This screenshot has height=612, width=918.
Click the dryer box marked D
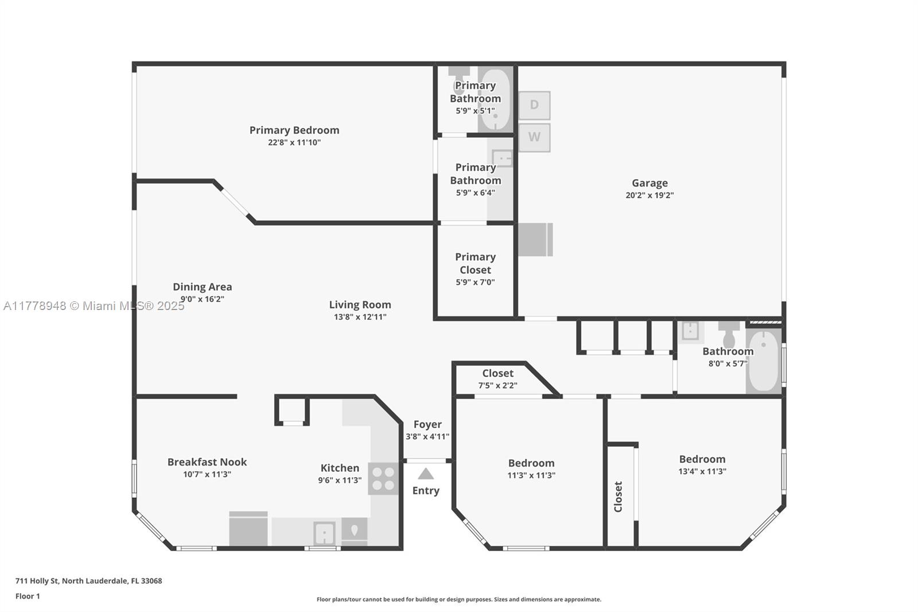click(534, 106)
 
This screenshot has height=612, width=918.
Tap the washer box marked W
click(534, 137)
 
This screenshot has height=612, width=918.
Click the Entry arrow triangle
click(425, 474)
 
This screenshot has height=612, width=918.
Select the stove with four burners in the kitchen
click(383, 479)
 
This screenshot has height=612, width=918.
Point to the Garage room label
click(649, 183)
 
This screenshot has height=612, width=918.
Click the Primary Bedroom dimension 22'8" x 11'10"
click(294, 142)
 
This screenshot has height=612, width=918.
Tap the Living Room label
click(360, 305)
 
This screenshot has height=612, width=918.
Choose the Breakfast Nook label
click(207, 462)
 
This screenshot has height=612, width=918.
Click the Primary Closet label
click(476, 264)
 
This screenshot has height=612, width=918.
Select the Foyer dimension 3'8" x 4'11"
click(427, 436)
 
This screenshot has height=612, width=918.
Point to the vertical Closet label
click(618, 497)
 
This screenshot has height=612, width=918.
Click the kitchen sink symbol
click(324, 533)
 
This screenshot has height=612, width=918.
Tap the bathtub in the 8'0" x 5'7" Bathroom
click(764, 361)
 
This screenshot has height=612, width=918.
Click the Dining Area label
click(202, 286)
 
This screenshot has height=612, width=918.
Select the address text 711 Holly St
click(37, 581)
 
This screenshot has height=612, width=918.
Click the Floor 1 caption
click(28, 596)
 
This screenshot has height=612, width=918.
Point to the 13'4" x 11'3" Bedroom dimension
click(702, 471)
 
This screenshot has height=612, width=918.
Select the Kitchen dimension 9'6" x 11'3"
click(340, 480)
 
